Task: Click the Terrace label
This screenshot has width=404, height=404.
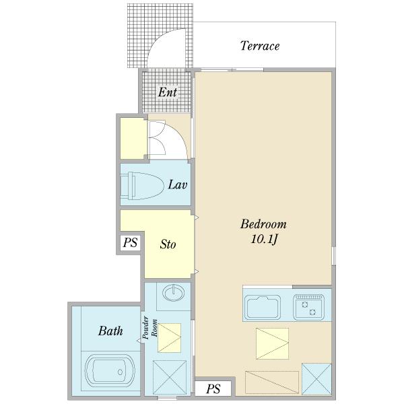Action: click(260, 46)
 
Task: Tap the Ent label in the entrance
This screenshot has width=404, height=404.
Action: click(168, 92)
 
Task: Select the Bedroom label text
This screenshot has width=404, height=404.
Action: click(263, 224)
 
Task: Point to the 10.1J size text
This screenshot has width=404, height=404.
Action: click(264, 240)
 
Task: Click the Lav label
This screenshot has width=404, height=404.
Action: click(178, 184)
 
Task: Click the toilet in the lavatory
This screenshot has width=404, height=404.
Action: click(142, 186)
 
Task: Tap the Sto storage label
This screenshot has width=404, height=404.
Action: click(168, 244)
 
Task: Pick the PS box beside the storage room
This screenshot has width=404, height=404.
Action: click(130, 242)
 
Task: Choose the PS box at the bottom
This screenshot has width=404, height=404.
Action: click(213, 389)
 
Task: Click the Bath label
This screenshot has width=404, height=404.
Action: click(110, 331)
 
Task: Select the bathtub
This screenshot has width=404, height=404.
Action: click(110, 371)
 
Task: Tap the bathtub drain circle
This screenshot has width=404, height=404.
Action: click(120, 372)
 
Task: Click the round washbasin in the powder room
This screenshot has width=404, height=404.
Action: click(174, 293)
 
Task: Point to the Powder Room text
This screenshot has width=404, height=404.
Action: click(150, 327)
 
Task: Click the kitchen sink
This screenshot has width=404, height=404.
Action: click(263, 307)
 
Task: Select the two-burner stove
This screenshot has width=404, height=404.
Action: click(308, 306)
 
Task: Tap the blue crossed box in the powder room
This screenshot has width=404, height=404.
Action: click(170, 378)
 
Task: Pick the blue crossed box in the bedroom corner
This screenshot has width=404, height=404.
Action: click(316, 378)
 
